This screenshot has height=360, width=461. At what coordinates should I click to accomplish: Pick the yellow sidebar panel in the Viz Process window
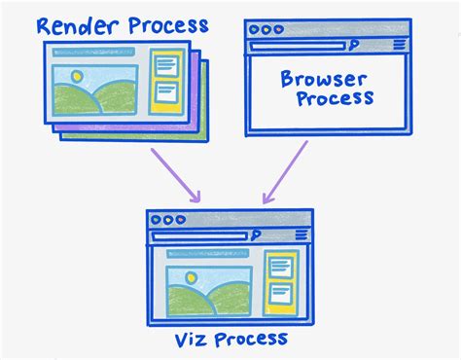(280, 282)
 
